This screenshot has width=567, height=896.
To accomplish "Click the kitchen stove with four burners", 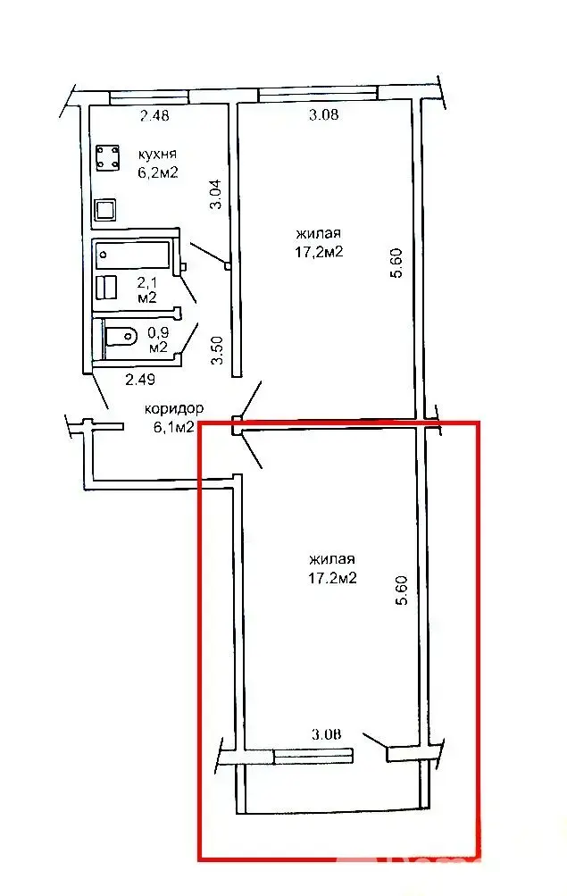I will coord(109,158).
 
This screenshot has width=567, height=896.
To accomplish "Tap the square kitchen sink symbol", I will coord(106,210).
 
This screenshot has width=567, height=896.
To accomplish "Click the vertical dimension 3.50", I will coord(214,349).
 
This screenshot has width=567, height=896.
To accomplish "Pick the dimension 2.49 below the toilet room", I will coord(141,380).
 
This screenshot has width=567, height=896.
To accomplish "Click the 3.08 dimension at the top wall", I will coord(323,114).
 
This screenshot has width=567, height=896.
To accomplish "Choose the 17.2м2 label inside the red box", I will coord(332,578).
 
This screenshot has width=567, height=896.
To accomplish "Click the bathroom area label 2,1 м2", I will coord(146,289).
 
